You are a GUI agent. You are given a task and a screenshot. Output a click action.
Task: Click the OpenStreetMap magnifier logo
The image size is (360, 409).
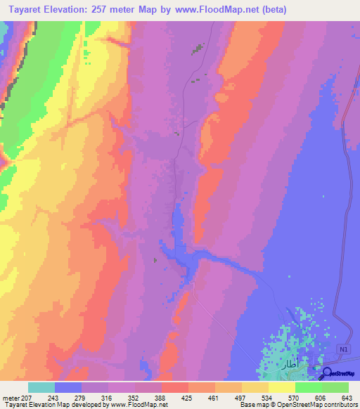pyautogui.click(x=328, y=373)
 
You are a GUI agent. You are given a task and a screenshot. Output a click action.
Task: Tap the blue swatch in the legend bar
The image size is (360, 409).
pyautogui.click(x=68, y=387)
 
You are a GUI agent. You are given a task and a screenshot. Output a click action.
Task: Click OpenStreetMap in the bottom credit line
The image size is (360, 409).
pyautogui.click(x=292, y=404)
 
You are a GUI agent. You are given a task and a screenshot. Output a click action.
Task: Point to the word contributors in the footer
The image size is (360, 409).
pyautogui.click(x=336, y=404)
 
